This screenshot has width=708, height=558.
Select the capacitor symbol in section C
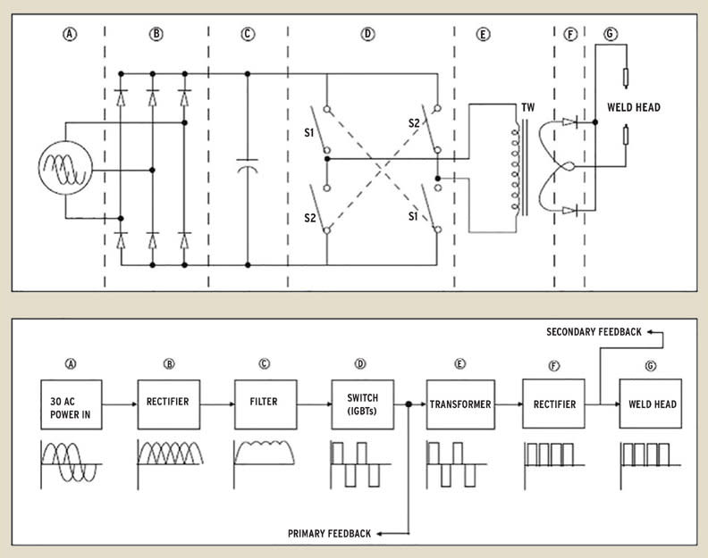click(x=248, y=167)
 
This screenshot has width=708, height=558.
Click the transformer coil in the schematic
click(x=515, y=169)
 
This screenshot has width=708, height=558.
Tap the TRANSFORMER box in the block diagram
click(x=459, y=404)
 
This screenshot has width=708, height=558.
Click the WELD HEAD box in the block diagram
click(x=650, y=404)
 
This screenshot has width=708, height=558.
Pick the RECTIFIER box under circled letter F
click(x=553, y=404)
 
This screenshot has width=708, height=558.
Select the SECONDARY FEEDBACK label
click(x=594, y=332)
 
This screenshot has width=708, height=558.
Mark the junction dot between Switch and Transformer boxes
click(x=409, y=404)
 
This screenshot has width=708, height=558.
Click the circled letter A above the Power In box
click(x=68, y=364)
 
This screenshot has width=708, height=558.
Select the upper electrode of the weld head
click(x=626, y=78)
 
